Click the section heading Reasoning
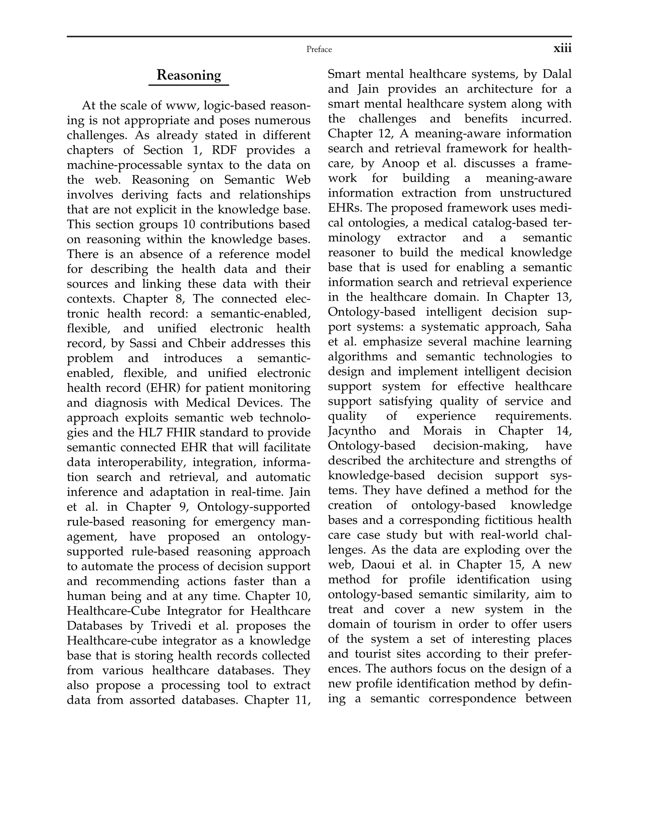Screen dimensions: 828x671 [189, 75]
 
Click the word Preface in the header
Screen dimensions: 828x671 [319, 49]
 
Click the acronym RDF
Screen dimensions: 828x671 [224, 150]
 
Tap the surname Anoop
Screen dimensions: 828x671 [400, 163]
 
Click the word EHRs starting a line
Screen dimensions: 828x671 [345, 208]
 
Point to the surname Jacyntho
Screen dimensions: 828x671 [352, 430]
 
